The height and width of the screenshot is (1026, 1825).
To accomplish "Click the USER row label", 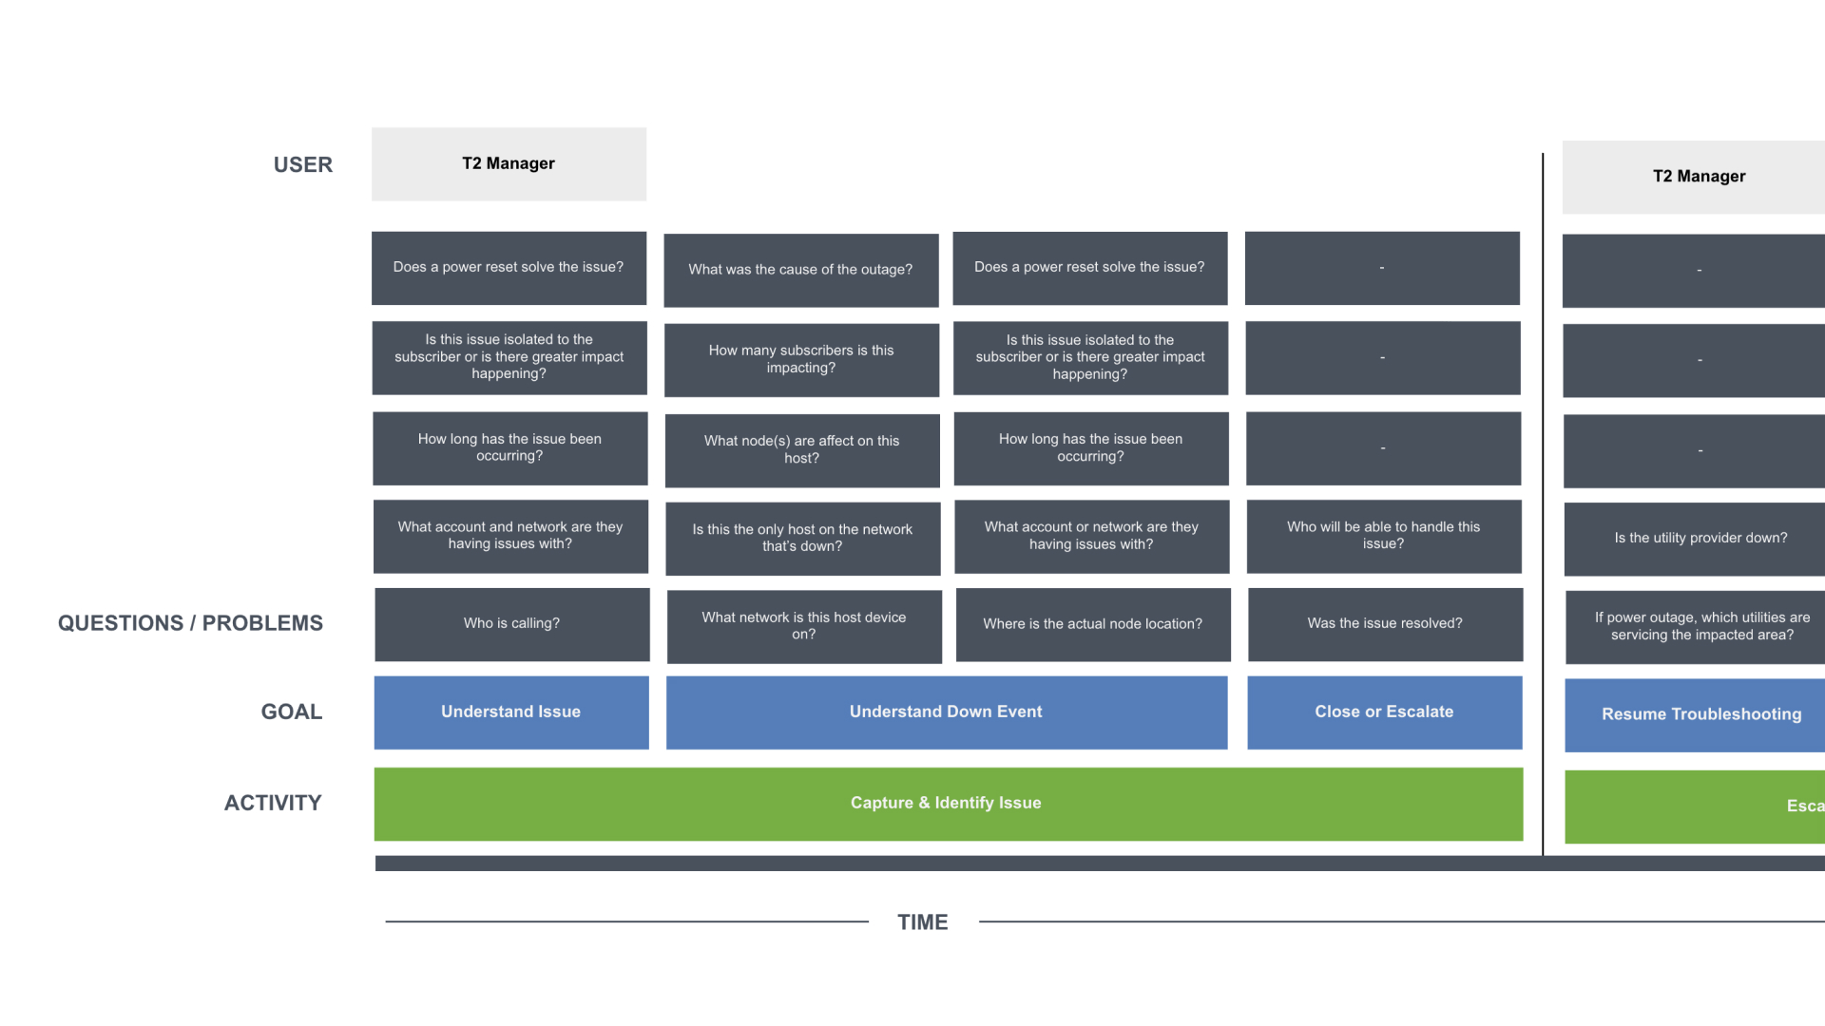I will coord(302,164).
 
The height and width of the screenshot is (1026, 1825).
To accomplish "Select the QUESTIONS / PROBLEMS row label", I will coord(190,623).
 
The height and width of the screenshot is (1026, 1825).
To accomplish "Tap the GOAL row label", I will coord(291,712).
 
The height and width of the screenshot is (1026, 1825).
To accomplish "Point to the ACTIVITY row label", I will coord(273,803).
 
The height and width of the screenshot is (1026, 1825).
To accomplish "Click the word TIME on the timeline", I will coord(922,922).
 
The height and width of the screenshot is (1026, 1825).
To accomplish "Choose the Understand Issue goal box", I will coord(510,712).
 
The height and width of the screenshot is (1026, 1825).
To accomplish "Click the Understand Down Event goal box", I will coord(946,712).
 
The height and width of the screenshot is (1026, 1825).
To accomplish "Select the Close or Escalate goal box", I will coord(1384,712).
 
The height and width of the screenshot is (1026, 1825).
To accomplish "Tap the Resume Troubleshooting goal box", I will coord(1700,714).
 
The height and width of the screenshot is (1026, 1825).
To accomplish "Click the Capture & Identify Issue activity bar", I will coord(947,804).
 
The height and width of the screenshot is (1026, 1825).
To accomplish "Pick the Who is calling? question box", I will coord(511,624).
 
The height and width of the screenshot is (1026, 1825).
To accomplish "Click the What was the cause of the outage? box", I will coord(800,270).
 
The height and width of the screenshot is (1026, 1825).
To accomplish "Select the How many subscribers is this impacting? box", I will coord(800,359).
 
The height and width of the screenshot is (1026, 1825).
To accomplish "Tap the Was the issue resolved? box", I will coord(1384,624).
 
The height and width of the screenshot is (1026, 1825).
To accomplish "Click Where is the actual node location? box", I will coord(1092,624).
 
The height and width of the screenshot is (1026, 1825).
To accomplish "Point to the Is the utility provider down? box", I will coord(1700,538).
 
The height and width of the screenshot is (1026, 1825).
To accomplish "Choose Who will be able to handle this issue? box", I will coord(1383,536).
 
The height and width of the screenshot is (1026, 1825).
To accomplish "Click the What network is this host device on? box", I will coord(803,625).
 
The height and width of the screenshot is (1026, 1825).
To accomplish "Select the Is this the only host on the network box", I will coord(802,538).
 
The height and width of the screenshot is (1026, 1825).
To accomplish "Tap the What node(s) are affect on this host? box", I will coord(801,449).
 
